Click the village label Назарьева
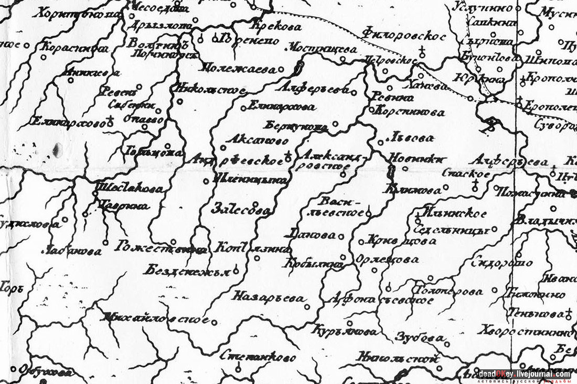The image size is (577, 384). coord(269,298)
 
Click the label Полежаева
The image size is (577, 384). coord(240,68)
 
